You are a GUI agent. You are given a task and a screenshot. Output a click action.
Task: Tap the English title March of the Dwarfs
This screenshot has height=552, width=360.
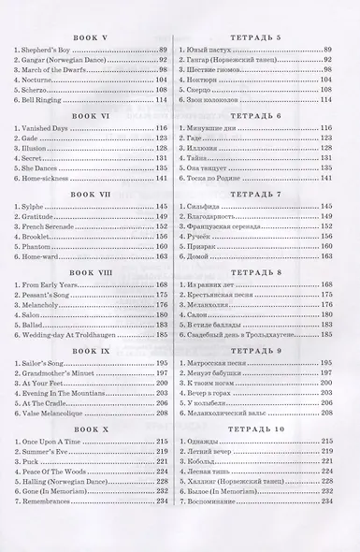click(x=53, y=69)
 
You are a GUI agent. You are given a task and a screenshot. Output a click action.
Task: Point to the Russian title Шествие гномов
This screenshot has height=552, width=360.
click(x=228, y=69)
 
